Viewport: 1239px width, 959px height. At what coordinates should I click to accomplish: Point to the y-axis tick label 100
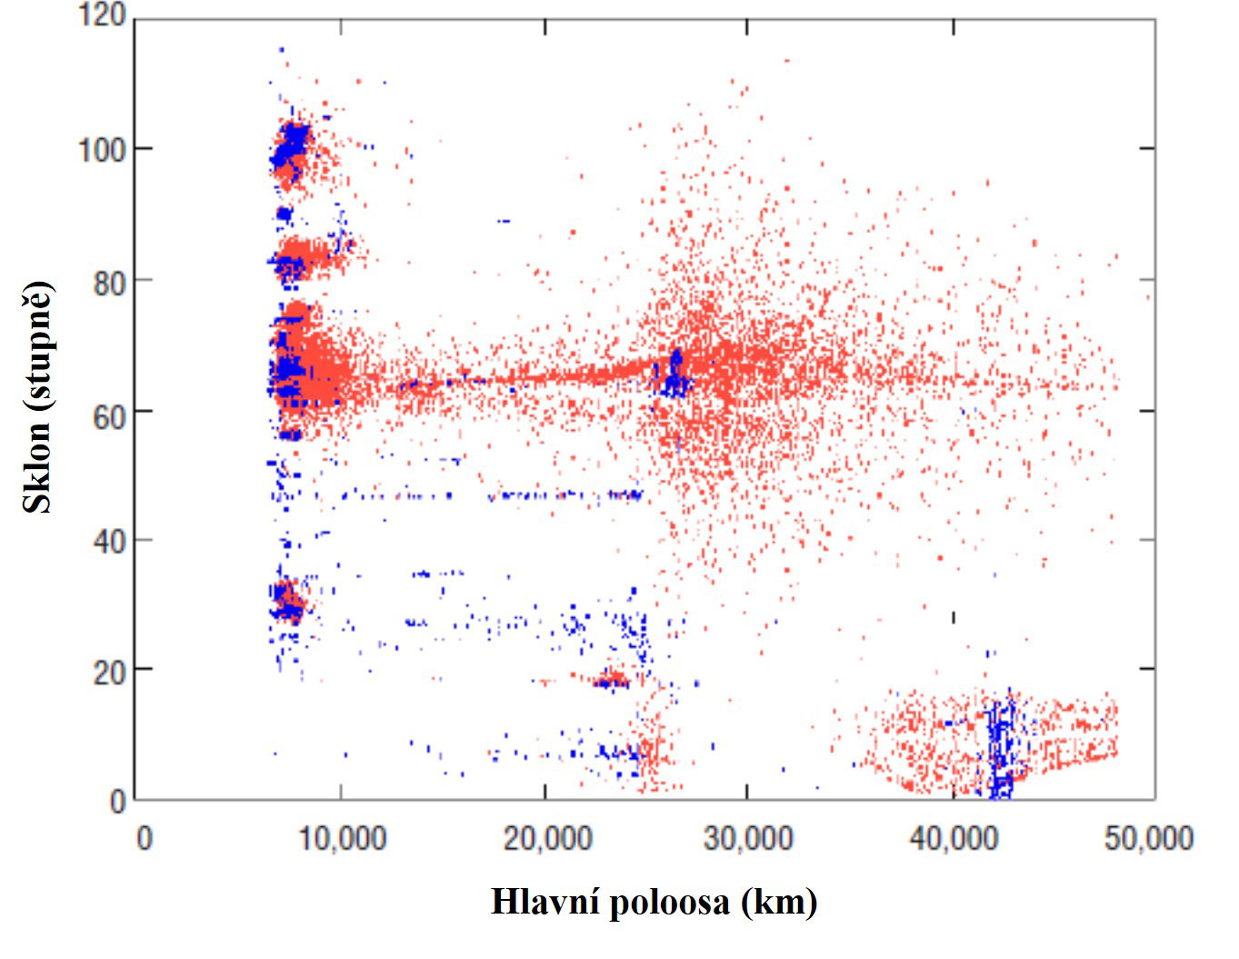[x=101, y=148]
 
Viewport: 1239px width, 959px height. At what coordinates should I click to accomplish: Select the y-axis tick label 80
[x=108, y=280]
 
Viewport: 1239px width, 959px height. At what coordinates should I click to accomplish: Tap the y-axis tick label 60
[x=108, y=411]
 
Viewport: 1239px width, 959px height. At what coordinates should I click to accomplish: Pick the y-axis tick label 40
[x=108, y=541]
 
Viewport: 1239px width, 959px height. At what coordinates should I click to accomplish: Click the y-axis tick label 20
[x=108, y=671]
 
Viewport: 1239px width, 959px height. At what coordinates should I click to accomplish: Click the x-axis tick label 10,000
[x=343, y=837]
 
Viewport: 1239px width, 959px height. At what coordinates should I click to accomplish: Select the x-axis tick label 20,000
[x=546, y=837]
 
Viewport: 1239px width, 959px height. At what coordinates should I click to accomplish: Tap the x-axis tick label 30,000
[x=748, y=837]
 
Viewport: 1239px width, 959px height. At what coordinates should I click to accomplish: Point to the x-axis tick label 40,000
[x=952, y=837]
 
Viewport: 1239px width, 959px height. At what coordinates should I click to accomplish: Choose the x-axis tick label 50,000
[x=1148, y=837]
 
